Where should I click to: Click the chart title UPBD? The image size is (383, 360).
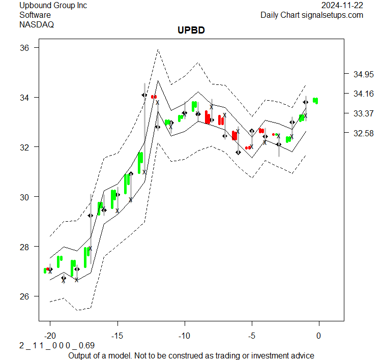191,31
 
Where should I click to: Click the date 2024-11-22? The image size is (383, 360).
343,6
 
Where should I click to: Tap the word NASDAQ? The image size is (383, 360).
37,24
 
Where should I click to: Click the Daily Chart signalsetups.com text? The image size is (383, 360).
312,15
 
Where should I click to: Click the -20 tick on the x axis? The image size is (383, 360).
50,336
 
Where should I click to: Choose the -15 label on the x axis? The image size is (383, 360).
117,336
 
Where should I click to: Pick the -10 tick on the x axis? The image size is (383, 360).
184,336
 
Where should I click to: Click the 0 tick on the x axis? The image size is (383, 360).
319,336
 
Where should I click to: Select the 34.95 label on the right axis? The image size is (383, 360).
363,75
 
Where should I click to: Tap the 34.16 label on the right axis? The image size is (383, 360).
363,94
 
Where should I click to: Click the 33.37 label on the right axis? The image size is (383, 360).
363,113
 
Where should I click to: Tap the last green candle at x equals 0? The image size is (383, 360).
316,100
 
